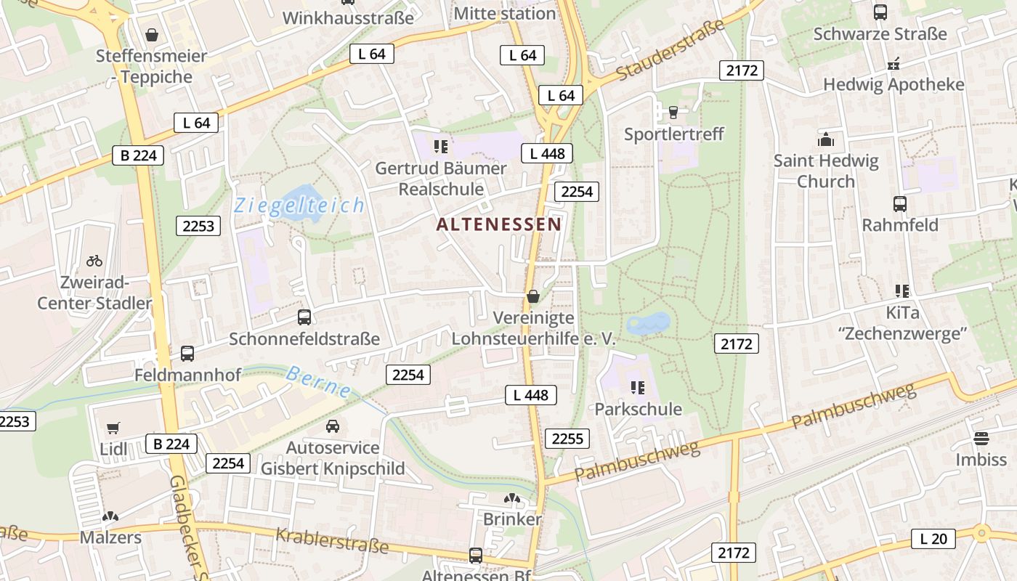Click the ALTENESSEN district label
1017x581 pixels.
click(498, 224)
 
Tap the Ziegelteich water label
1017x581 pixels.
click(299, 206)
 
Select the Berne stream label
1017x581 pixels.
click(318, 381)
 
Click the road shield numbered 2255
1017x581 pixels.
click(567, 439)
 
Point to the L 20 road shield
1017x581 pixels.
click(933, 538)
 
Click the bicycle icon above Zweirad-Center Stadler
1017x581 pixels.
click(94, 260)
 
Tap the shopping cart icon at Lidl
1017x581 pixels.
click(113, 428)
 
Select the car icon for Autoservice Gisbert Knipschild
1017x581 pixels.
click(332, 426)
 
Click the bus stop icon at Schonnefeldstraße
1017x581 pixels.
click(304, 317)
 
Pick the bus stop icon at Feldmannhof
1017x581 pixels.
click(187, 354)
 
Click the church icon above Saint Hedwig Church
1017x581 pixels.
click(825, 139)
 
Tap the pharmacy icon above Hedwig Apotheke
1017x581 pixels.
click(894, 64)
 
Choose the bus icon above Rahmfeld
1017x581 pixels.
click(899, 204)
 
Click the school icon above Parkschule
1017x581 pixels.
click(638, 388)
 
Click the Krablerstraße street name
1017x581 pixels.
click(331, 540)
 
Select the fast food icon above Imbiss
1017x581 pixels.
click(981, 438)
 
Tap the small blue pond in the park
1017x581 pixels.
click(648, 323)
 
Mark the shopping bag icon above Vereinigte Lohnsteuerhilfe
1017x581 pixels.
click(533, 296)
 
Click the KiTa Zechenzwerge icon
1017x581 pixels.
click(902, 291)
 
